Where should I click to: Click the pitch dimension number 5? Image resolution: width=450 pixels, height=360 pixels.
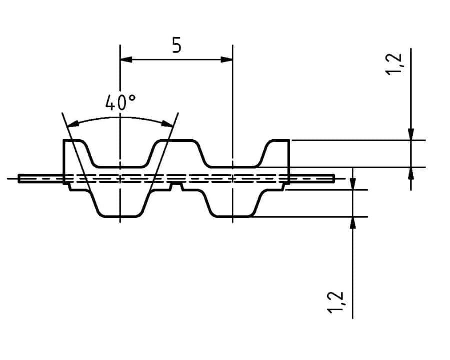tap(177, 45)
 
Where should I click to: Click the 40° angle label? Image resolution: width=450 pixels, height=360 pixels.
tap(120, 102)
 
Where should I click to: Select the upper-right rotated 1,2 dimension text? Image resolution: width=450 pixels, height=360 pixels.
tap(395, 64)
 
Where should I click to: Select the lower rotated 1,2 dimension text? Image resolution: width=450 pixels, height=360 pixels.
tap(335, 302)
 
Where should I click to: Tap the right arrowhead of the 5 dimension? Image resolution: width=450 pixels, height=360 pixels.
tap(226, 59)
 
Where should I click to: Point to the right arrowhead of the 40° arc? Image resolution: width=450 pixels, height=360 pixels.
tap(168, 124)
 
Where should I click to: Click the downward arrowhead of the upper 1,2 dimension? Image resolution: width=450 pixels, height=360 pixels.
tap(411, 134)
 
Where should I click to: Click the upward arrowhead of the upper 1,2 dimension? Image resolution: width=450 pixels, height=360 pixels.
tap(411, 173)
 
